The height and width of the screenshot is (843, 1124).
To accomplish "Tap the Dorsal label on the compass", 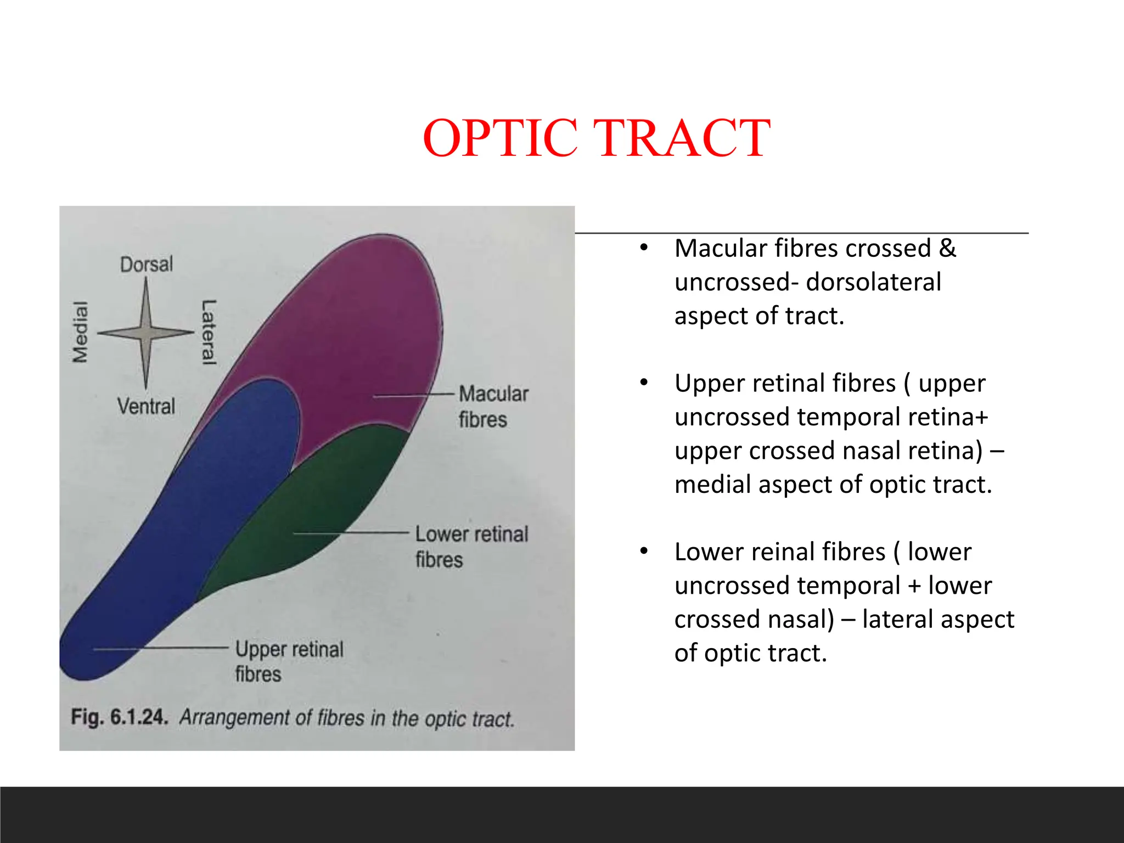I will [x=147, y=265].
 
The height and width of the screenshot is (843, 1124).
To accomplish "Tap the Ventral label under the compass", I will [x=146, y=407].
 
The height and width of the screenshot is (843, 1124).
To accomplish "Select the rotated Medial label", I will [x=81, y=332].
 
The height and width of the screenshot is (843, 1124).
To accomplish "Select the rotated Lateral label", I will [x=209, y=332].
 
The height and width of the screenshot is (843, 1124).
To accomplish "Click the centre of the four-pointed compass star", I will [x=146, y=333].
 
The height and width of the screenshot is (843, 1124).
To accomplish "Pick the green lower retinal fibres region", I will [x=318, y=505].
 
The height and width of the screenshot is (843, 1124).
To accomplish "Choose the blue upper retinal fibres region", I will [x=181, y=538].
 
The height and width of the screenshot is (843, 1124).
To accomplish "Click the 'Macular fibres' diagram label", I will [x=493, y=407].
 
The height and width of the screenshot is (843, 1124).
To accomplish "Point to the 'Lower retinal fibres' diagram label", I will [x=471, y=547].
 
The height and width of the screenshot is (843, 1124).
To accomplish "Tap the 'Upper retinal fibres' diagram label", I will [x=289, y=661].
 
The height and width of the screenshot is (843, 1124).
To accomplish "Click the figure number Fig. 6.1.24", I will [x=119, y=717].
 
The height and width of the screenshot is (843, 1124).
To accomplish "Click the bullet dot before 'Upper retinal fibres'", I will [x=644, y=383].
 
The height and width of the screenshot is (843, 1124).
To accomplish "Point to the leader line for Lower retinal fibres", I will [x=351, y=533].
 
